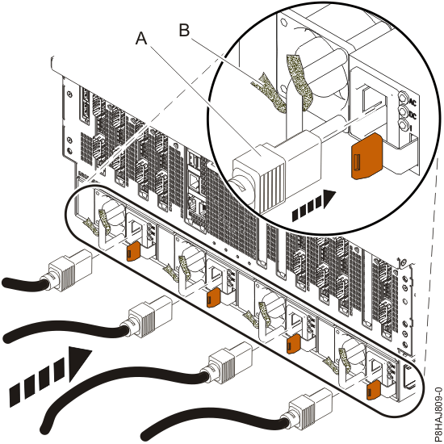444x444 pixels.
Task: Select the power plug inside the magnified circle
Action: pos(266,161)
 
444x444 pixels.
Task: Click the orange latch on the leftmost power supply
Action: pos(132,251)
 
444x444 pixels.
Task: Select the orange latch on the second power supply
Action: pos(212,299)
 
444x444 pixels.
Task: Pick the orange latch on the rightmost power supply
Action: pos(372,391)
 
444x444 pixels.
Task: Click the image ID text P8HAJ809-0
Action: pos(434,396)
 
